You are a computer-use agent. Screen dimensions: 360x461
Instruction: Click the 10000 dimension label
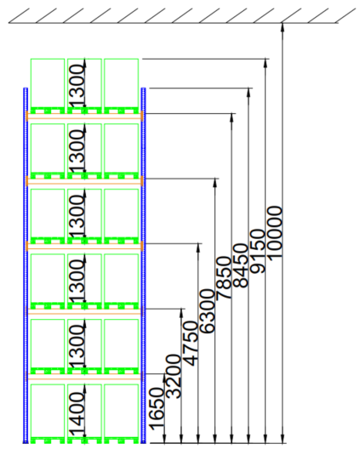275,233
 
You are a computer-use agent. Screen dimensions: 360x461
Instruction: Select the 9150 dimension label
258,251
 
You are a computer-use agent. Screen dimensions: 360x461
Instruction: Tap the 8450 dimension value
241,265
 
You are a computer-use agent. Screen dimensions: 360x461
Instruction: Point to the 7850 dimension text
224,278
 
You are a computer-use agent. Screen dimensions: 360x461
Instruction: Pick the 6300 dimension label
208,311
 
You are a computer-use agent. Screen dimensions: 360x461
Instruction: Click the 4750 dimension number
191,344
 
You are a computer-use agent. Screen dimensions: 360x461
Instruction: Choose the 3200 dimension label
174,377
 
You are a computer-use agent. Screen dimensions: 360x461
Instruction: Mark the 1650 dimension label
157,409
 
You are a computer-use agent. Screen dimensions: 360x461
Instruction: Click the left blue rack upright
26,265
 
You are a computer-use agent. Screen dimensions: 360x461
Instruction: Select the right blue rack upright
144,265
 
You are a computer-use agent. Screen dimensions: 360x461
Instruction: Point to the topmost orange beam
85,117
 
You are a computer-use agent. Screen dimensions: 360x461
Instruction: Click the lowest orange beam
85,377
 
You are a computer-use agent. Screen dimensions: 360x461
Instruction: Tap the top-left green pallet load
48,86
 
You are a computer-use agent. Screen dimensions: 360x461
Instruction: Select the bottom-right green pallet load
122,413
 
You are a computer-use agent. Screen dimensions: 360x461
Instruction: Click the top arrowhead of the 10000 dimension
283,26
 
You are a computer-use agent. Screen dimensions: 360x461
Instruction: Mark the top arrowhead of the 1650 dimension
164,378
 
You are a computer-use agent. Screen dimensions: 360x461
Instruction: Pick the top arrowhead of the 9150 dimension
266,63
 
